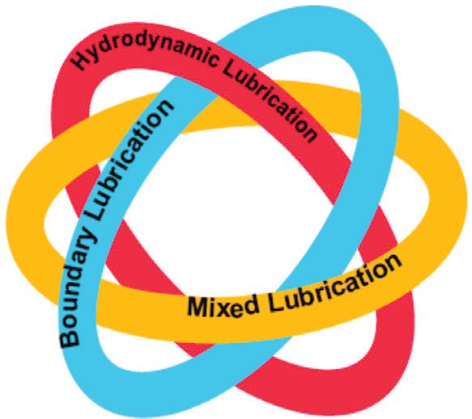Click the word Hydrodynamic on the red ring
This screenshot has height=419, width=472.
pyautogui.click(x=144, y=51)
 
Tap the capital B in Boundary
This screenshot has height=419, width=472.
pyautogui.click(x=70, y=336)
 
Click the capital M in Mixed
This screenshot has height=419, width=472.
pyautogui.click(x=197, y=306)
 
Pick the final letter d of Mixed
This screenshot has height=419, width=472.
pyautogui.click(x=252, y=303)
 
